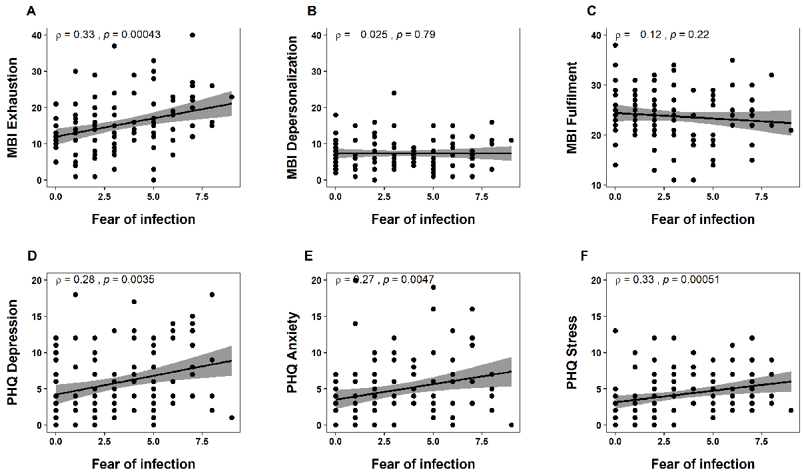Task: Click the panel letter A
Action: [x=31, y=11]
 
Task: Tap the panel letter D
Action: [x=31, y=257]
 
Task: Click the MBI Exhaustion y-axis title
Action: [x=13, y=107]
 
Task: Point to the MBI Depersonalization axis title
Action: [x=292, y=107]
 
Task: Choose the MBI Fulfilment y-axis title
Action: [x=572, y=107]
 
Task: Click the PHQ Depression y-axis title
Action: [x=13, y=353]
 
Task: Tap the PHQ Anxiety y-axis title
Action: [x=292, y=353]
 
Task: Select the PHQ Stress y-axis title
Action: [x=572, y=353]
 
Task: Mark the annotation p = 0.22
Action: [x=695, y=34]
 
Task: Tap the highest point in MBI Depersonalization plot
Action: [x=394, y=93]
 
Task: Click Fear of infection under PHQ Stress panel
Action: [x=703, y=464]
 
